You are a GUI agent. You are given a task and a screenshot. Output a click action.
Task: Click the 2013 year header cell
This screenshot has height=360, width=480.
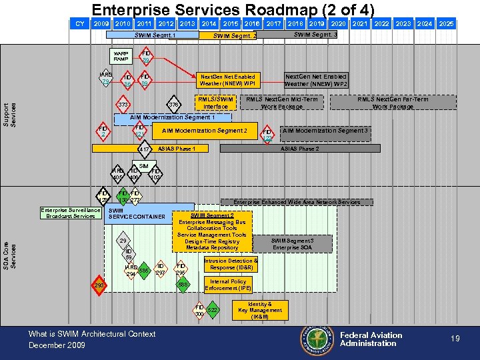[x=187, y=23]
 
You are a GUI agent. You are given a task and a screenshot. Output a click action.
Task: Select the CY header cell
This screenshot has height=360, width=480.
[x=80, y=23]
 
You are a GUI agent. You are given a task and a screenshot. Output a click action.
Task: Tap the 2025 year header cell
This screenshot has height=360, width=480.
[x=446, y=23]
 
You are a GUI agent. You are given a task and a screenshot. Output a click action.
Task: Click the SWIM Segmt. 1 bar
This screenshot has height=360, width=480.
[x=155, y=35]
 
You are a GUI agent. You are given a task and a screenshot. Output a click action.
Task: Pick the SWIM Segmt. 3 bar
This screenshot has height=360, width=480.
[x=315, y=35]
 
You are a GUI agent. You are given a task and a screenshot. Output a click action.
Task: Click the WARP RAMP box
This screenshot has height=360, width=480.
[x=121, y=56]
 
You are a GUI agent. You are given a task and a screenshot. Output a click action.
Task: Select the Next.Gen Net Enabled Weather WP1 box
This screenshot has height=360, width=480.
[x=227, y=80]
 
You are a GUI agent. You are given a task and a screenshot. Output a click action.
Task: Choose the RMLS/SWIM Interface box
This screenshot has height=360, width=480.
[x=215, y=103]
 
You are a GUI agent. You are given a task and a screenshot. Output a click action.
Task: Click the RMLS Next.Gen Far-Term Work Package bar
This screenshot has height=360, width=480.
[x=393, y=103]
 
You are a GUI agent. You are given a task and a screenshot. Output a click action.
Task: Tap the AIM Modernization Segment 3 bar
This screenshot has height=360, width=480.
[x=325, y=131]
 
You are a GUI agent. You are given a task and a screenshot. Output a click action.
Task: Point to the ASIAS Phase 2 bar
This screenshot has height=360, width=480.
[x=299, y=149]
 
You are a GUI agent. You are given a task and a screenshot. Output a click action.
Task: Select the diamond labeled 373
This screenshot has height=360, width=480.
[x=123, y=105]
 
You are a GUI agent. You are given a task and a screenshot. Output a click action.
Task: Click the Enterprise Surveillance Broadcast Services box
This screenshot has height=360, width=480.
[x=70, y=213]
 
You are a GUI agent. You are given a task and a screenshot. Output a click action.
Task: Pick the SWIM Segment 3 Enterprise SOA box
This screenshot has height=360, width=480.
[x=292, y=243]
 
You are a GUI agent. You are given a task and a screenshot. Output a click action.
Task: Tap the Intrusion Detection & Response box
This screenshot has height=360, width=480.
[x=229, y=264]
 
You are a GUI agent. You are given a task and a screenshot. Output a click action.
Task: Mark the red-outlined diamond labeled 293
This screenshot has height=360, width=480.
[x=99, y=286]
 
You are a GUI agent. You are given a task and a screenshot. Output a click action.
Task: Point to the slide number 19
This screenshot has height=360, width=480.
[x=455, y=339]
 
